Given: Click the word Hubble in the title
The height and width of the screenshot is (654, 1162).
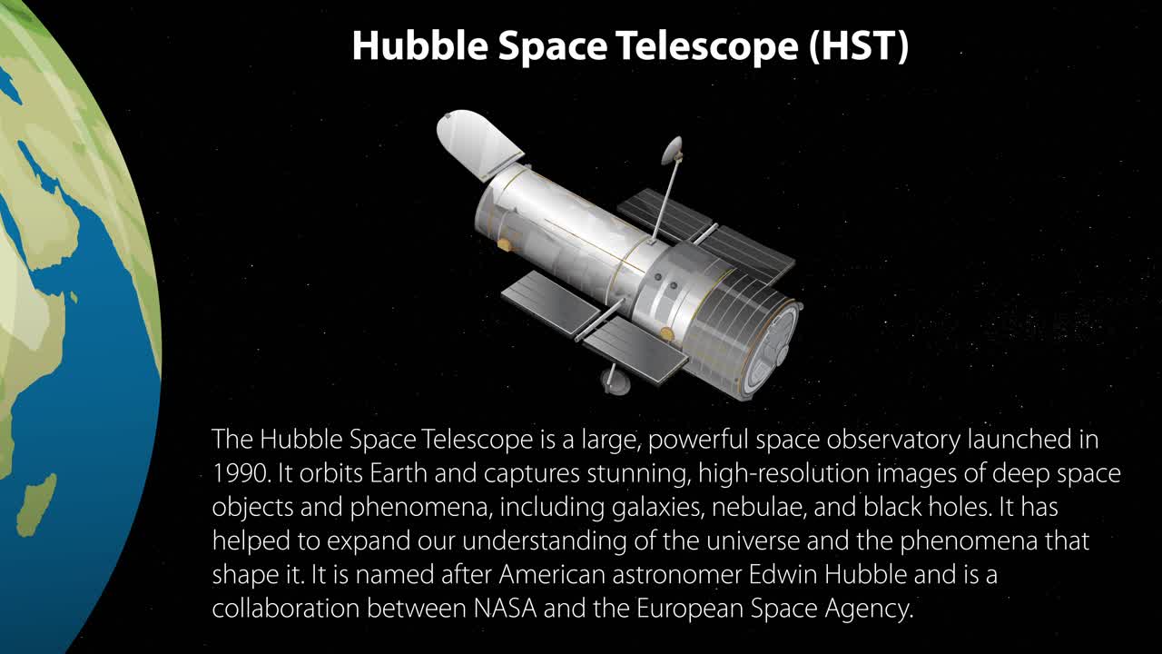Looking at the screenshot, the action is pos(420,45).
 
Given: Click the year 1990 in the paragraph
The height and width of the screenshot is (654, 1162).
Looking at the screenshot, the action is pos(241,473).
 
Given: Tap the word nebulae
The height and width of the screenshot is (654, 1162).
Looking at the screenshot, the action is pos(759,508).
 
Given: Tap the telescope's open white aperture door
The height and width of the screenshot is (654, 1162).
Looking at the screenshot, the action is pos(478,143).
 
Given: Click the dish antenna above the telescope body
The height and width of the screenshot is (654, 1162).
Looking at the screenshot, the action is pos(673,150).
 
